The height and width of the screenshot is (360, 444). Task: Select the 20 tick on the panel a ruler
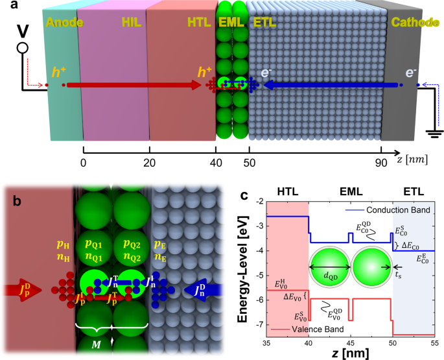pyautogui.click(x=149, y=165)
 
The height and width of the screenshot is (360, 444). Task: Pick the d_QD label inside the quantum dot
pyautogui.click(x=329, y=274)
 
